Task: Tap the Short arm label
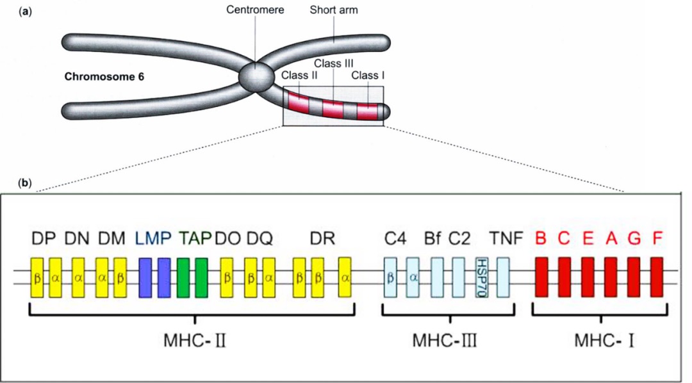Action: coord(333,11)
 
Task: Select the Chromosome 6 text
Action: coord(104,77)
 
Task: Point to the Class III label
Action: coord(331,63)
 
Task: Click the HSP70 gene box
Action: coord(482,276)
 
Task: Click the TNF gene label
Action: coord(503,240)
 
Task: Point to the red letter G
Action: coord(634,240)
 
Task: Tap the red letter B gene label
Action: coord(541,240)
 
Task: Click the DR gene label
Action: coord(322,240)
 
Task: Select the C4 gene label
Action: coord(393,240)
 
